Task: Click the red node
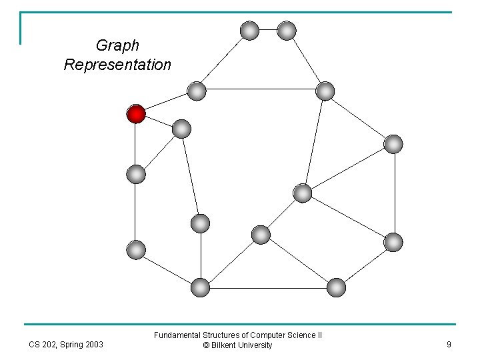[136, 115]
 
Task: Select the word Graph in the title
[117, 46]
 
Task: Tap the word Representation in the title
[117, 65]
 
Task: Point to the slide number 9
[449, 345]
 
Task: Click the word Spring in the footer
[73, 345]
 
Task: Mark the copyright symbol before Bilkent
[207, 345]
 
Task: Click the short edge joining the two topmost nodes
[268, 30]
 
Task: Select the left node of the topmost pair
[249, 30]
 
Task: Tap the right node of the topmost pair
[287, 30]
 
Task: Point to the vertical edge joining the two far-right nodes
[394, 193]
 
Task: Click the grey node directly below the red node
[136, 175]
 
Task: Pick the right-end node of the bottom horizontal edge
[337, 287]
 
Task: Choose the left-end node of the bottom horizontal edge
[200, 287]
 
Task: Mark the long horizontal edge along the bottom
[268, 287]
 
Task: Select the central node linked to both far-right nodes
[303, 193]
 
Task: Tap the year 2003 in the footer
[94, 345]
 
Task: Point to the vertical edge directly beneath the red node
[136, 145]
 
